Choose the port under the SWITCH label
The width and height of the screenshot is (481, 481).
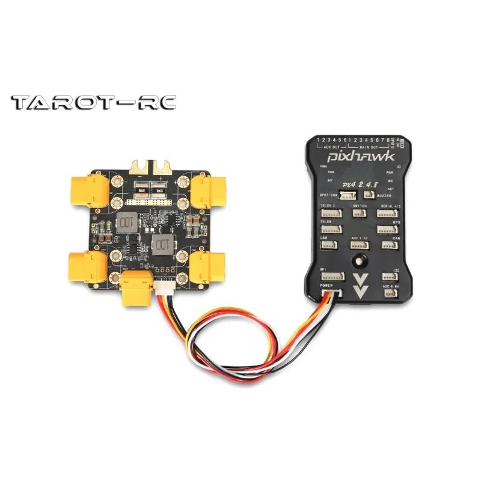(361, 213)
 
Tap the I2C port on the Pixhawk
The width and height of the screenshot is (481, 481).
(388, 277)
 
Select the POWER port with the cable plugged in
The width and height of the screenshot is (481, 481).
(331, 295)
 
